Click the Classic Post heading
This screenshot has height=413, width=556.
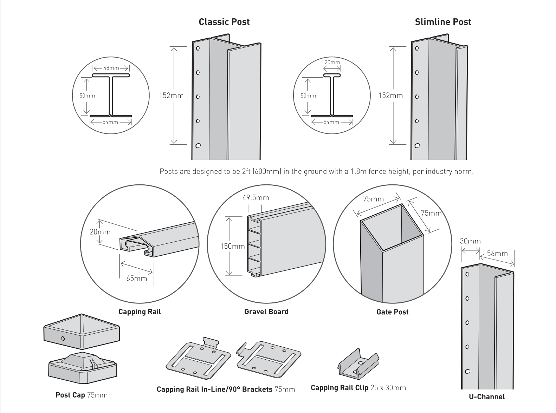[x=224, y=22]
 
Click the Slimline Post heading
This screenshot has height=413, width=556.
[x=443, y=22]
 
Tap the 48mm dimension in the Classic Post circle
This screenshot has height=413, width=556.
[x=111, y=68]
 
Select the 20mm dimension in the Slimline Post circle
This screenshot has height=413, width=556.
[x=332, y=63]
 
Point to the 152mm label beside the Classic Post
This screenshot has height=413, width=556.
[x=171, y=96]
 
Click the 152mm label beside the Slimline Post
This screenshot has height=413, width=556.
[x=390, y=96]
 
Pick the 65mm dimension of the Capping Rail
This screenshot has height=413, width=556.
[x=137, y=278]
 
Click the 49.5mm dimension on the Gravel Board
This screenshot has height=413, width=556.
[x=256, y=198]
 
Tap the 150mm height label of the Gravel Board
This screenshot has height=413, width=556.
[x=232, y=246]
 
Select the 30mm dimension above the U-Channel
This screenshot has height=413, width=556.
[x=470, y=241]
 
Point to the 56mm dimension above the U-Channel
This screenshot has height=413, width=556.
[x=497, y=254]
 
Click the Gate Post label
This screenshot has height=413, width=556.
[x=392, y=312]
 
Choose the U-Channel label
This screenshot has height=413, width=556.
[x=487, y=397]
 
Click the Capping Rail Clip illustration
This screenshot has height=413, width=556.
[x=358, y=363]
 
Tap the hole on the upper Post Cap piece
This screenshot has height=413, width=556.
[x=63, y=339]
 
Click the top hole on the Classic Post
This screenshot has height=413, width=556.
[x=198, y=48]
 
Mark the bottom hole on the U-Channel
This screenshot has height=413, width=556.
[x=467, y=372]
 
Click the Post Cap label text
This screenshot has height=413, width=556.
[x=70, y=395]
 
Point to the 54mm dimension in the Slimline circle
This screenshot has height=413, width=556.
[x=331, y=122]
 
